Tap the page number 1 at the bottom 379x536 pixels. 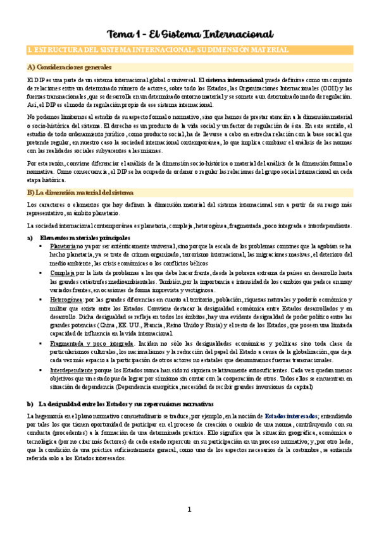(x=189, y=509)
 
